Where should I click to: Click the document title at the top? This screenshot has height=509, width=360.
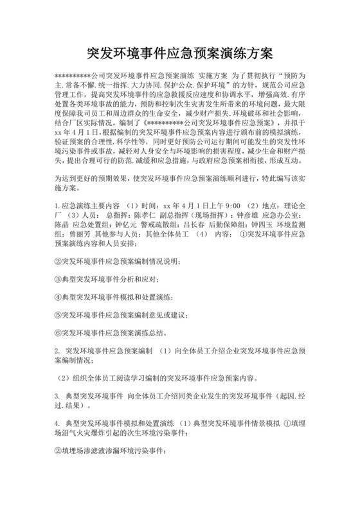tap(179, 52)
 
